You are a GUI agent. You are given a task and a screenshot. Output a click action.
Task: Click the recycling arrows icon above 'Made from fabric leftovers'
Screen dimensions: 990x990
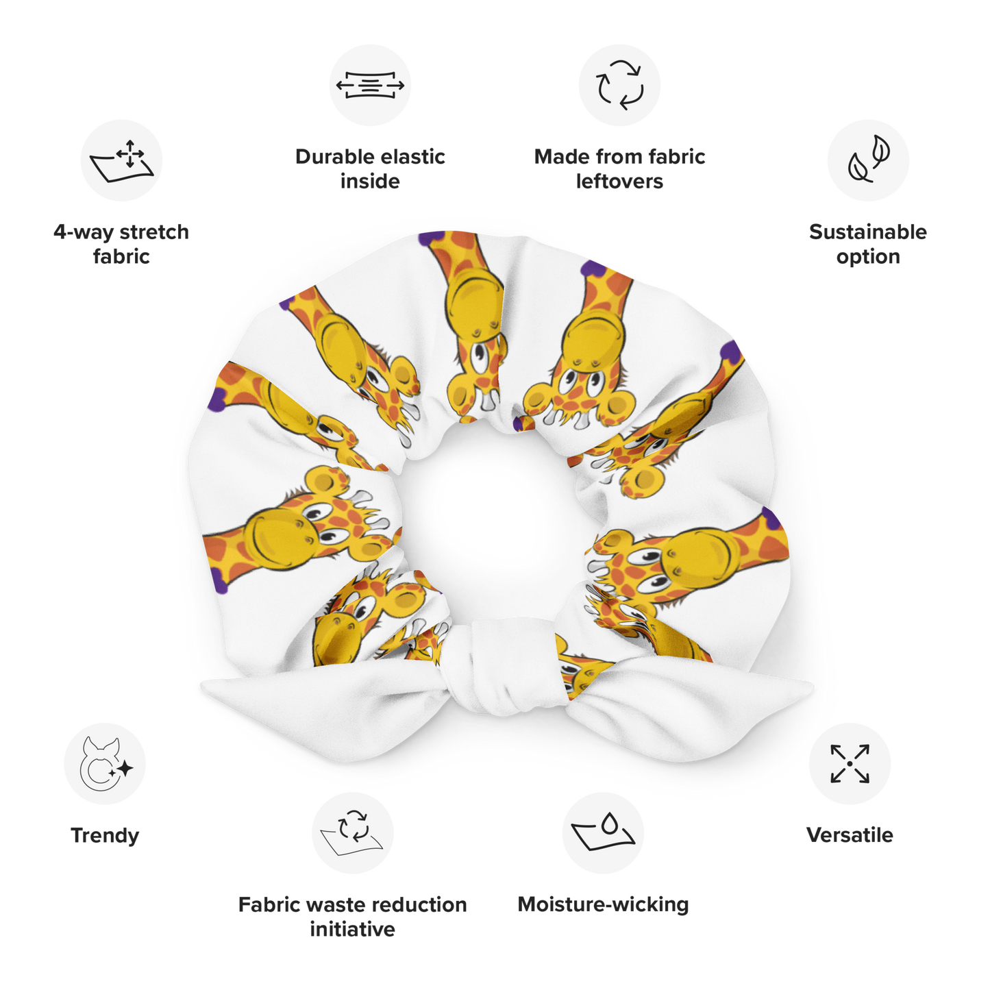(x=619, y=85)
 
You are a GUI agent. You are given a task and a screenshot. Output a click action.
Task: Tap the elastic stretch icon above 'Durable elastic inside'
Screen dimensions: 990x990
(x=370, y=85)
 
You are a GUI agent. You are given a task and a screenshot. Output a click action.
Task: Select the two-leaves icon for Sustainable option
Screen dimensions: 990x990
(x=868, y=159)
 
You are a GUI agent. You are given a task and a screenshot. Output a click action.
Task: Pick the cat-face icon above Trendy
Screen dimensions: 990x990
(x=106, y=765)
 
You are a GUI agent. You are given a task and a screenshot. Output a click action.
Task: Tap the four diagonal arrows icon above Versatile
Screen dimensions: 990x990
(x=850, y=764)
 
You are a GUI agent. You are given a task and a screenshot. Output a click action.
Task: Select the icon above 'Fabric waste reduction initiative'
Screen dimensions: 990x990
(x=352, y=832)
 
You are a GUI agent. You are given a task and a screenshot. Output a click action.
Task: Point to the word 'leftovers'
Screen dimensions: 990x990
(x=619, y=182)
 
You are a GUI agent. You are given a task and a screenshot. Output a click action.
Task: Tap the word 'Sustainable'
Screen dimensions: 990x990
(x=868, y=232)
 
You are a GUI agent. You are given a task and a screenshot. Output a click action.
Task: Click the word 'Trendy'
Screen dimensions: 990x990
(x=105, y=836)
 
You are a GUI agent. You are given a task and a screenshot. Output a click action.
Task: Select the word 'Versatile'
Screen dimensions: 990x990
(x=850, y=835)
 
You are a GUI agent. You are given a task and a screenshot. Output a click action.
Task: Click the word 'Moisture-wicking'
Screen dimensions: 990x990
(x=603, y=904)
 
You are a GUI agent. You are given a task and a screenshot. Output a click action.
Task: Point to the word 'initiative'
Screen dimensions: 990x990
(x=352, y=929)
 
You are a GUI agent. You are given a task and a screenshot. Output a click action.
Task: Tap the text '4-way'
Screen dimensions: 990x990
(x=84, y=232)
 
